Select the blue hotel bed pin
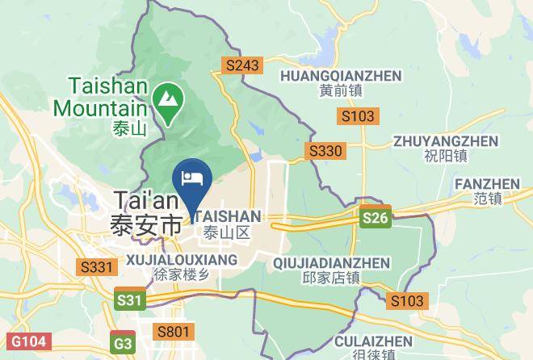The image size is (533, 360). click(x=192, y=179)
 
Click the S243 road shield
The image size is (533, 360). click(x=241, y=66)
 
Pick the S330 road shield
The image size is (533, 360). click(x=325, y=150)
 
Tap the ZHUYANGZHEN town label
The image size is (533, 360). click(x=445, y=140)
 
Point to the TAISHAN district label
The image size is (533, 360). click(x=228, y=216)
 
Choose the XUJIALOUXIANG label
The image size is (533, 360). click(x=182, y=259)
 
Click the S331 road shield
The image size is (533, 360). click(x=96, y=266)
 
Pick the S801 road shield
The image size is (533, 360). click(x=173, y=331)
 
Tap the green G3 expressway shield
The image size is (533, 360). click(x=124, y=343)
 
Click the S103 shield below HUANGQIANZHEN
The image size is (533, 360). click(x=357, y=116)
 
